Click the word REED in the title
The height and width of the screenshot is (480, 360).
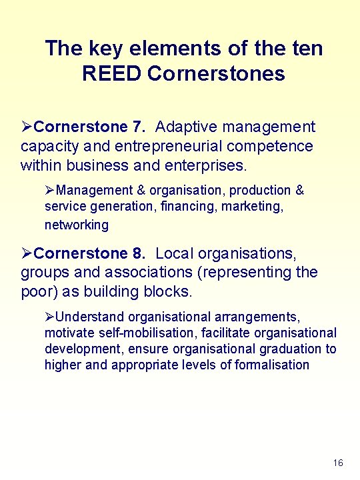coord(112,73)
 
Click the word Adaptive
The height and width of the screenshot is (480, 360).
coord(186,127)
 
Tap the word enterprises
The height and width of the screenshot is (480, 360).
coord(207,164)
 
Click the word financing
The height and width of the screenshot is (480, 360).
coord(189,207)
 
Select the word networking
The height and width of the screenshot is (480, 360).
coord(76,225)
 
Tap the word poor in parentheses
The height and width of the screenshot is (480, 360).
coord(37,291)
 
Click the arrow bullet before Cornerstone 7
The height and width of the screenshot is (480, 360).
coord(27,127)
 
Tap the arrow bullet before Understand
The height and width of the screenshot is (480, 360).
coord(49,317)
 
